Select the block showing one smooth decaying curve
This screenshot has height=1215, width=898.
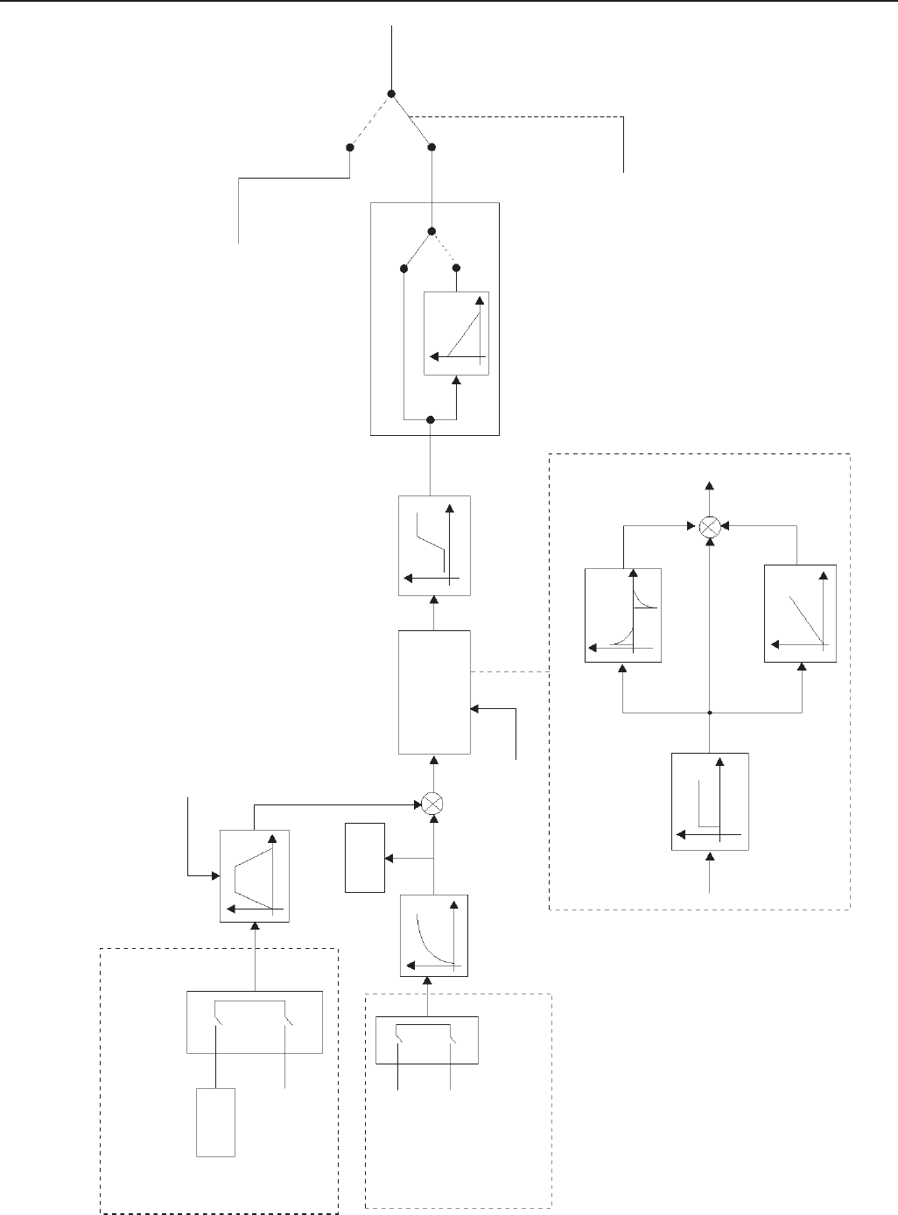(x=434, y=935)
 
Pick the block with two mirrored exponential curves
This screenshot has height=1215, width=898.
(x=622, y=615)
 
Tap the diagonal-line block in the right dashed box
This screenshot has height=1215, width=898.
(x=800, y=614)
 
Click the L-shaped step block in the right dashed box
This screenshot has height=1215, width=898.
(x=710, y=801)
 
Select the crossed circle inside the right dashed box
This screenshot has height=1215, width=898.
(x=711, y=527)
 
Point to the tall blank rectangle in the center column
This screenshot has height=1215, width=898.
(x=434, y=692)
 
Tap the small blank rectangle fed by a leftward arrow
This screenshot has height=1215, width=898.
(x=365, y=857)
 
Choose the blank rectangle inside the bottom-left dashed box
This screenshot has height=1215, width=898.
(x=215, y=1122)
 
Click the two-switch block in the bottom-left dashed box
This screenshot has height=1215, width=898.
(x=256, y=1022)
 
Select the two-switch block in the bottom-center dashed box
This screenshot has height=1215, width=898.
(x=427, y=1040)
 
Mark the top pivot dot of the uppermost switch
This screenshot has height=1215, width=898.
(x=391, y=94)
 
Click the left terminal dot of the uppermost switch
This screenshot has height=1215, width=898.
(x=349, y=148)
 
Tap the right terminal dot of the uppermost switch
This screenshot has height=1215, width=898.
(x=431, y=147)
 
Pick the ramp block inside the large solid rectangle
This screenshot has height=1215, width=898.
(x=456, y=334)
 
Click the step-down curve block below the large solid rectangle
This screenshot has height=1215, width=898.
(x=434, y=546)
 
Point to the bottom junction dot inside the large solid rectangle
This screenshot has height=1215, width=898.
(x=430, y=420)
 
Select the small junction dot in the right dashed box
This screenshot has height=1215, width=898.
(x=710, y=713)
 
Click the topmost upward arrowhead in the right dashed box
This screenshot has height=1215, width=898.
(x=710, y=485)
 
